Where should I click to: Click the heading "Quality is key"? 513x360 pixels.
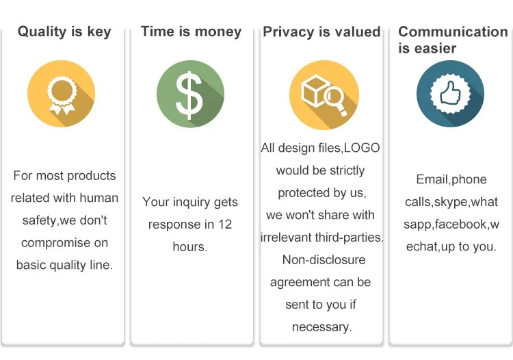pyautogui.click(x=64, y=31)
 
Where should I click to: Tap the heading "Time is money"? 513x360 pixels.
pyautogui.click(x=191, y=31)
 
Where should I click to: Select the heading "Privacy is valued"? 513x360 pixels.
pyautogui.click(x=321, y=31)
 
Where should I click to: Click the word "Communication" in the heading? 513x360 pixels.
pyautogui.click(x=453, y=31)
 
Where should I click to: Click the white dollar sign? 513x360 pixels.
pyautogui.click(x=189, y=95)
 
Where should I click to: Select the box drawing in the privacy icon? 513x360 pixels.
pyautogui.click(x=313, y=90)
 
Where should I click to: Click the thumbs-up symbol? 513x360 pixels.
pyautogui.click(x=450, y=93)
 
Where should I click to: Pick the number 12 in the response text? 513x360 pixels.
pyautogui.click(x=225, y=224)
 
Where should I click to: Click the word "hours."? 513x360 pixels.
pyautogui.click(x=190, y=247)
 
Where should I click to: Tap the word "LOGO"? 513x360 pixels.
pyautogui.click(x=362, y=148)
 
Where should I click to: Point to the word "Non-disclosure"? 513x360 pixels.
pyautogui.click(x=324, y=260)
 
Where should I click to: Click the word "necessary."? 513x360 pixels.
pyautogui.click(x=322, y=327)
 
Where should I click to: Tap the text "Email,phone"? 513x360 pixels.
pyautogui.click(x=451, y=180)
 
